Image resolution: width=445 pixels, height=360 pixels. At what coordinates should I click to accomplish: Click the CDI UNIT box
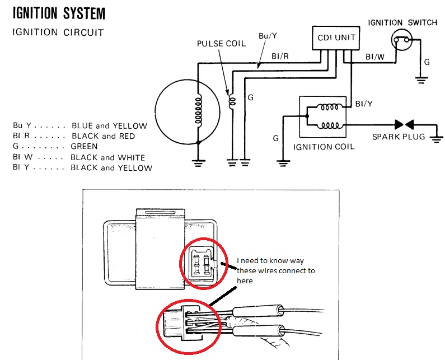(333, 39)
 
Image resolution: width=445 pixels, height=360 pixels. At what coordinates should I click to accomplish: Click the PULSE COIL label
(221, 44)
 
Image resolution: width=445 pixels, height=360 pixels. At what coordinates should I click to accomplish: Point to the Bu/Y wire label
(268, 36)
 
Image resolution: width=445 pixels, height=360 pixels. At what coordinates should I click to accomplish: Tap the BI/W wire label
(373, 57)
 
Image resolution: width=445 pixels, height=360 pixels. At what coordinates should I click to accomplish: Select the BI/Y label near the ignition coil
(364, 104)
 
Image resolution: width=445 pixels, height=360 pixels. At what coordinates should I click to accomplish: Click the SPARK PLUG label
(399, 137)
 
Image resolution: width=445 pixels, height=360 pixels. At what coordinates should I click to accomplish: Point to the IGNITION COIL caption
(324, 147)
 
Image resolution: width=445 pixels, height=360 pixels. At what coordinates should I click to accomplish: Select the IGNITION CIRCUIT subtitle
(58, 32)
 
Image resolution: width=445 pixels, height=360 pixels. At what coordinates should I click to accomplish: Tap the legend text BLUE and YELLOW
(110, 126)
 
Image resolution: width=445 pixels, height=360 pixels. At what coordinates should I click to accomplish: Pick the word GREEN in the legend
(85, 147)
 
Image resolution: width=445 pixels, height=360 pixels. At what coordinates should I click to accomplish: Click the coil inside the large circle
(197, 109)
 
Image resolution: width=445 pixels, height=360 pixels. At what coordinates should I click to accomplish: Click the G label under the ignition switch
(427, 62)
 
